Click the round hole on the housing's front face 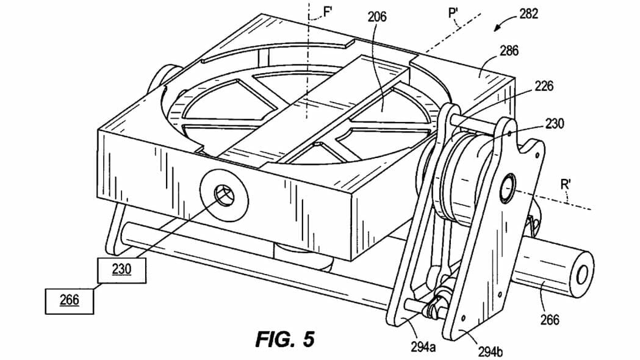point(224,197)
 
